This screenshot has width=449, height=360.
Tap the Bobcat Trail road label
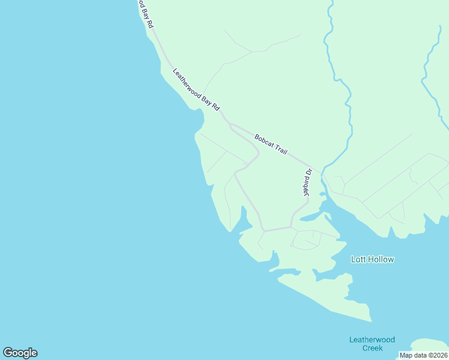tap(271, 143)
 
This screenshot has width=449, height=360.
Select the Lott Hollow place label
tap(372, 259)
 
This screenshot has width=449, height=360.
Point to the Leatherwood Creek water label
tap(372, 344)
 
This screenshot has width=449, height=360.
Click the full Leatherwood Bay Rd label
tap(197, 90)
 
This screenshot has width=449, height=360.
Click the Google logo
tap(20, 353)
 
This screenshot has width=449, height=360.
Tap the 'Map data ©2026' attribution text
tap(424, 355)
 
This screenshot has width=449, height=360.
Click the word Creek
tap(372, 348)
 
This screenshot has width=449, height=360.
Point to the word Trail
tap(281, 148)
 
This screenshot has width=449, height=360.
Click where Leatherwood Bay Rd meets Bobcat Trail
tap(229, 124)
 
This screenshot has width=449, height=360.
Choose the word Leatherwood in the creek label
tap(372, 340)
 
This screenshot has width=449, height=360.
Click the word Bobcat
tap(264, 140)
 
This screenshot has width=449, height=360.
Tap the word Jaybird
tap(306, 187)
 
